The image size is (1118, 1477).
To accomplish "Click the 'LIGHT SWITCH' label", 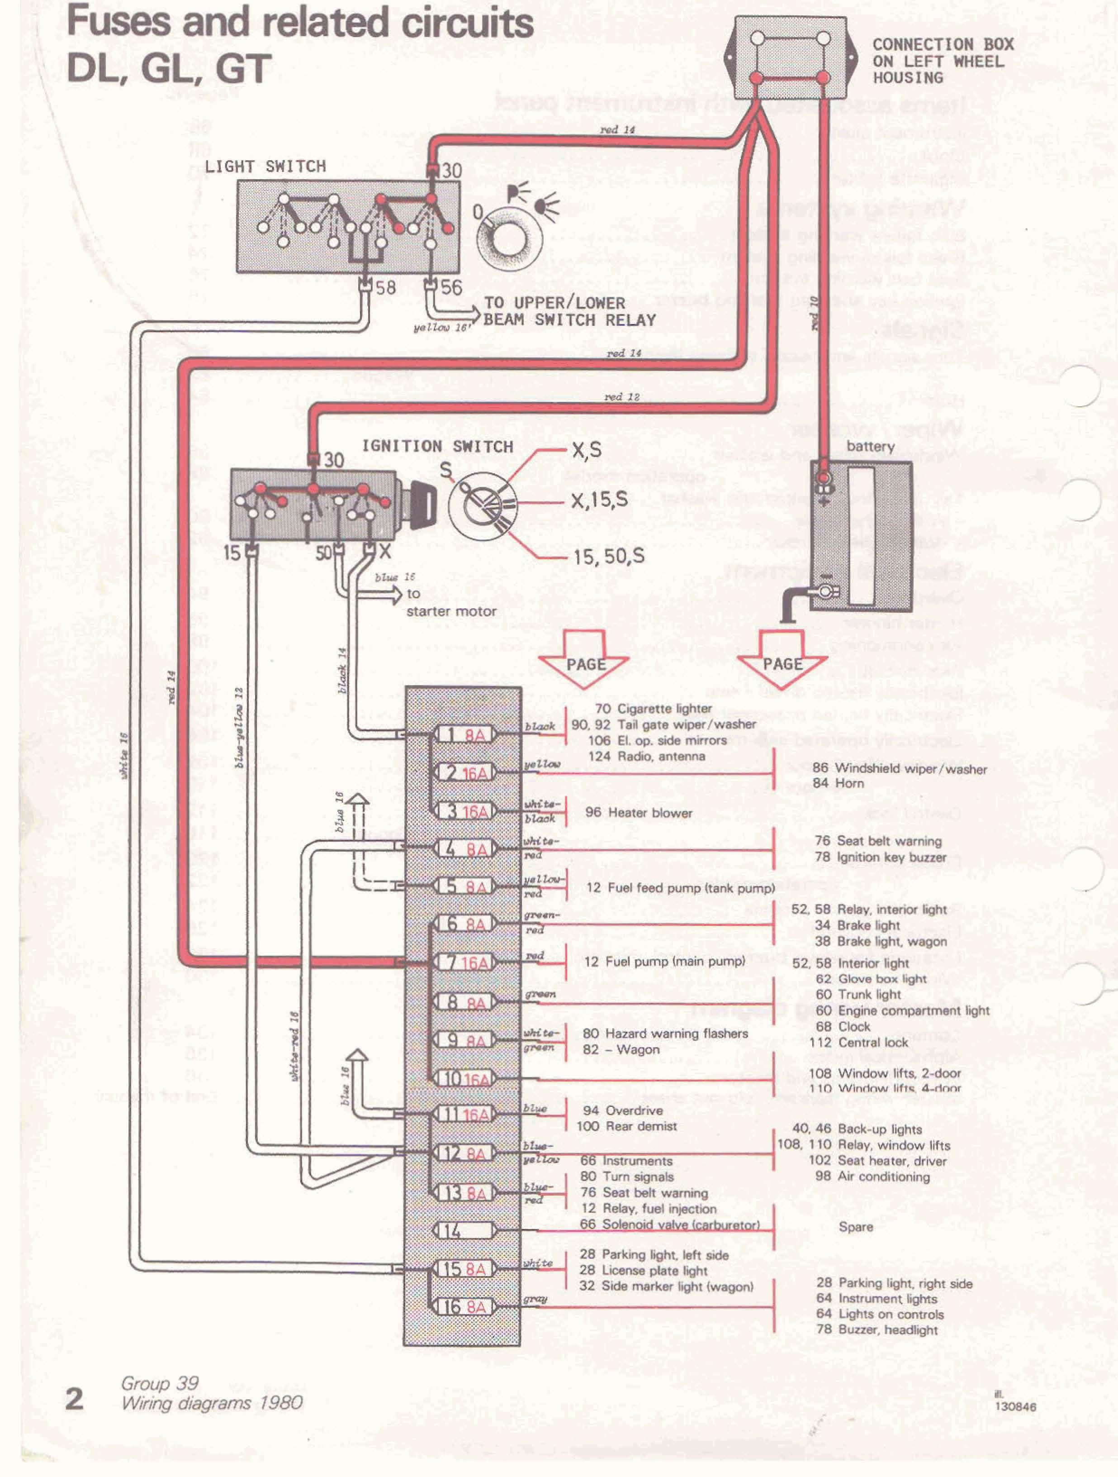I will click(x=265, y=166).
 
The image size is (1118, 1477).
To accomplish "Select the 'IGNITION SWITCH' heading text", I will click(x=437, y=446).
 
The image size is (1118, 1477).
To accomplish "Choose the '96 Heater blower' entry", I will click(x=638, y=813).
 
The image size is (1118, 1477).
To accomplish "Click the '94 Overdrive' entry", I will click(x=623, y=1110).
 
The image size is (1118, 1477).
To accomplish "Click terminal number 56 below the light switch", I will click(x=450, y=288).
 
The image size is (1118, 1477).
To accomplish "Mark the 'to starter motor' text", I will click(x=450, y=603).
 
